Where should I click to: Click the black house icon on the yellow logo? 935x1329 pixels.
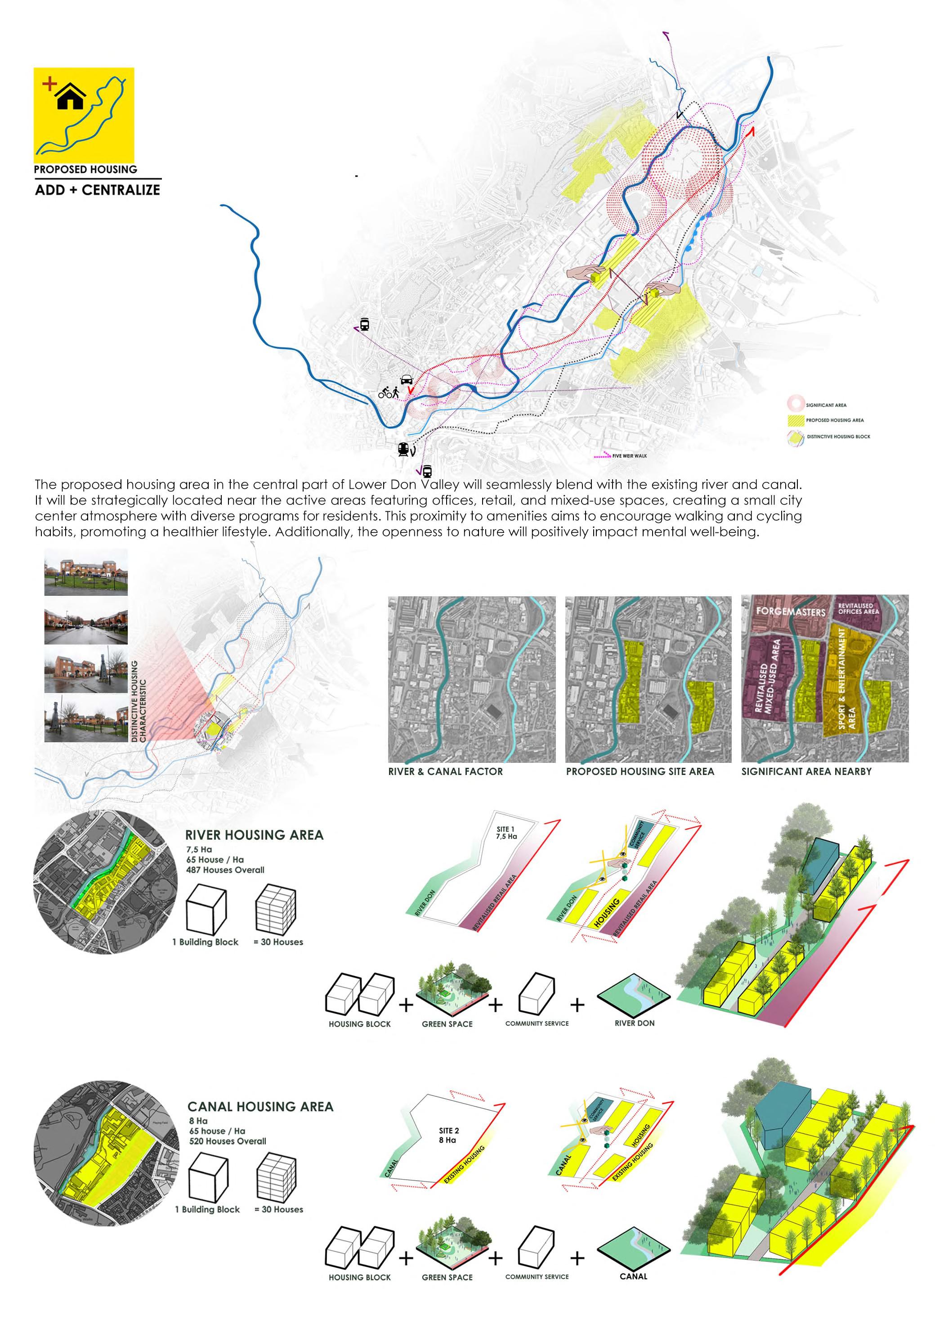click(71, 96)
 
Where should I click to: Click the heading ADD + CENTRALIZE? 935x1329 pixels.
click(97, 190)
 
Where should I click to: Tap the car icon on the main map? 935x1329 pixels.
click(406, 380)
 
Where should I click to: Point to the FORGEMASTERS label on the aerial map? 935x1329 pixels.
click(790, 611)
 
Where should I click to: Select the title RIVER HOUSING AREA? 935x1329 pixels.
click(254, 835)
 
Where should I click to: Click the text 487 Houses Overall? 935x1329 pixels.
click(225, 869)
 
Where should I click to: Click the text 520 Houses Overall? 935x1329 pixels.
click(228, 1141)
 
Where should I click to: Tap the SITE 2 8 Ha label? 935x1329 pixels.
click(449, 1135)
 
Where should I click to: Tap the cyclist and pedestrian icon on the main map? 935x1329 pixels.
click(389, 393)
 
